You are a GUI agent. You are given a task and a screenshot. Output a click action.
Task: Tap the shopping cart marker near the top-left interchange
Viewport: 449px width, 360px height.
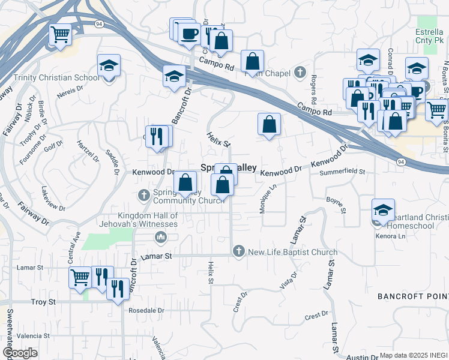[60, 35]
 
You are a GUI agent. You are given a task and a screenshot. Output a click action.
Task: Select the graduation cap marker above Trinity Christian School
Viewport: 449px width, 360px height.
[109, 65]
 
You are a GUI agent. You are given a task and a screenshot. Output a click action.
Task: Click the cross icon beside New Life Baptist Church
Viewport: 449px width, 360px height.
[239, 252]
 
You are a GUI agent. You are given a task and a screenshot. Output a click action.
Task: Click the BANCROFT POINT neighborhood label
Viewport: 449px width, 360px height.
[412, 297]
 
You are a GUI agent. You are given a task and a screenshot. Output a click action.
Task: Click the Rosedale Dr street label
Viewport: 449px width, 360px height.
[146, 311]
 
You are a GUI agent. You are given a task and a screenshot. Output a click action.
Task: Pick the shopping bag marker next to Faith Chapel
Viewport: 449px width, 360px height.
[253, 61]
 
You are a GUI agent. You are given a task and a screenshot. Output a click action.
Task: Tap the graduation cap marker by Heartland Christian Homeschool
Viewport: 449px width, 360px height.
[382, 210]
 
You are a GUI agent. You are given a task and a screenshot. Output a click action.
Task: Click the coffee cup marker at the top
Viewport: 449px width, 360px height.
[190, 33]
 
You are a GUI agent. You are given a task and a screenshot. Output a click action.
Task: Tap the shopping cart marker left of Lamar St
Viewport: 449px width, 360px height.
[80, 278]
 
